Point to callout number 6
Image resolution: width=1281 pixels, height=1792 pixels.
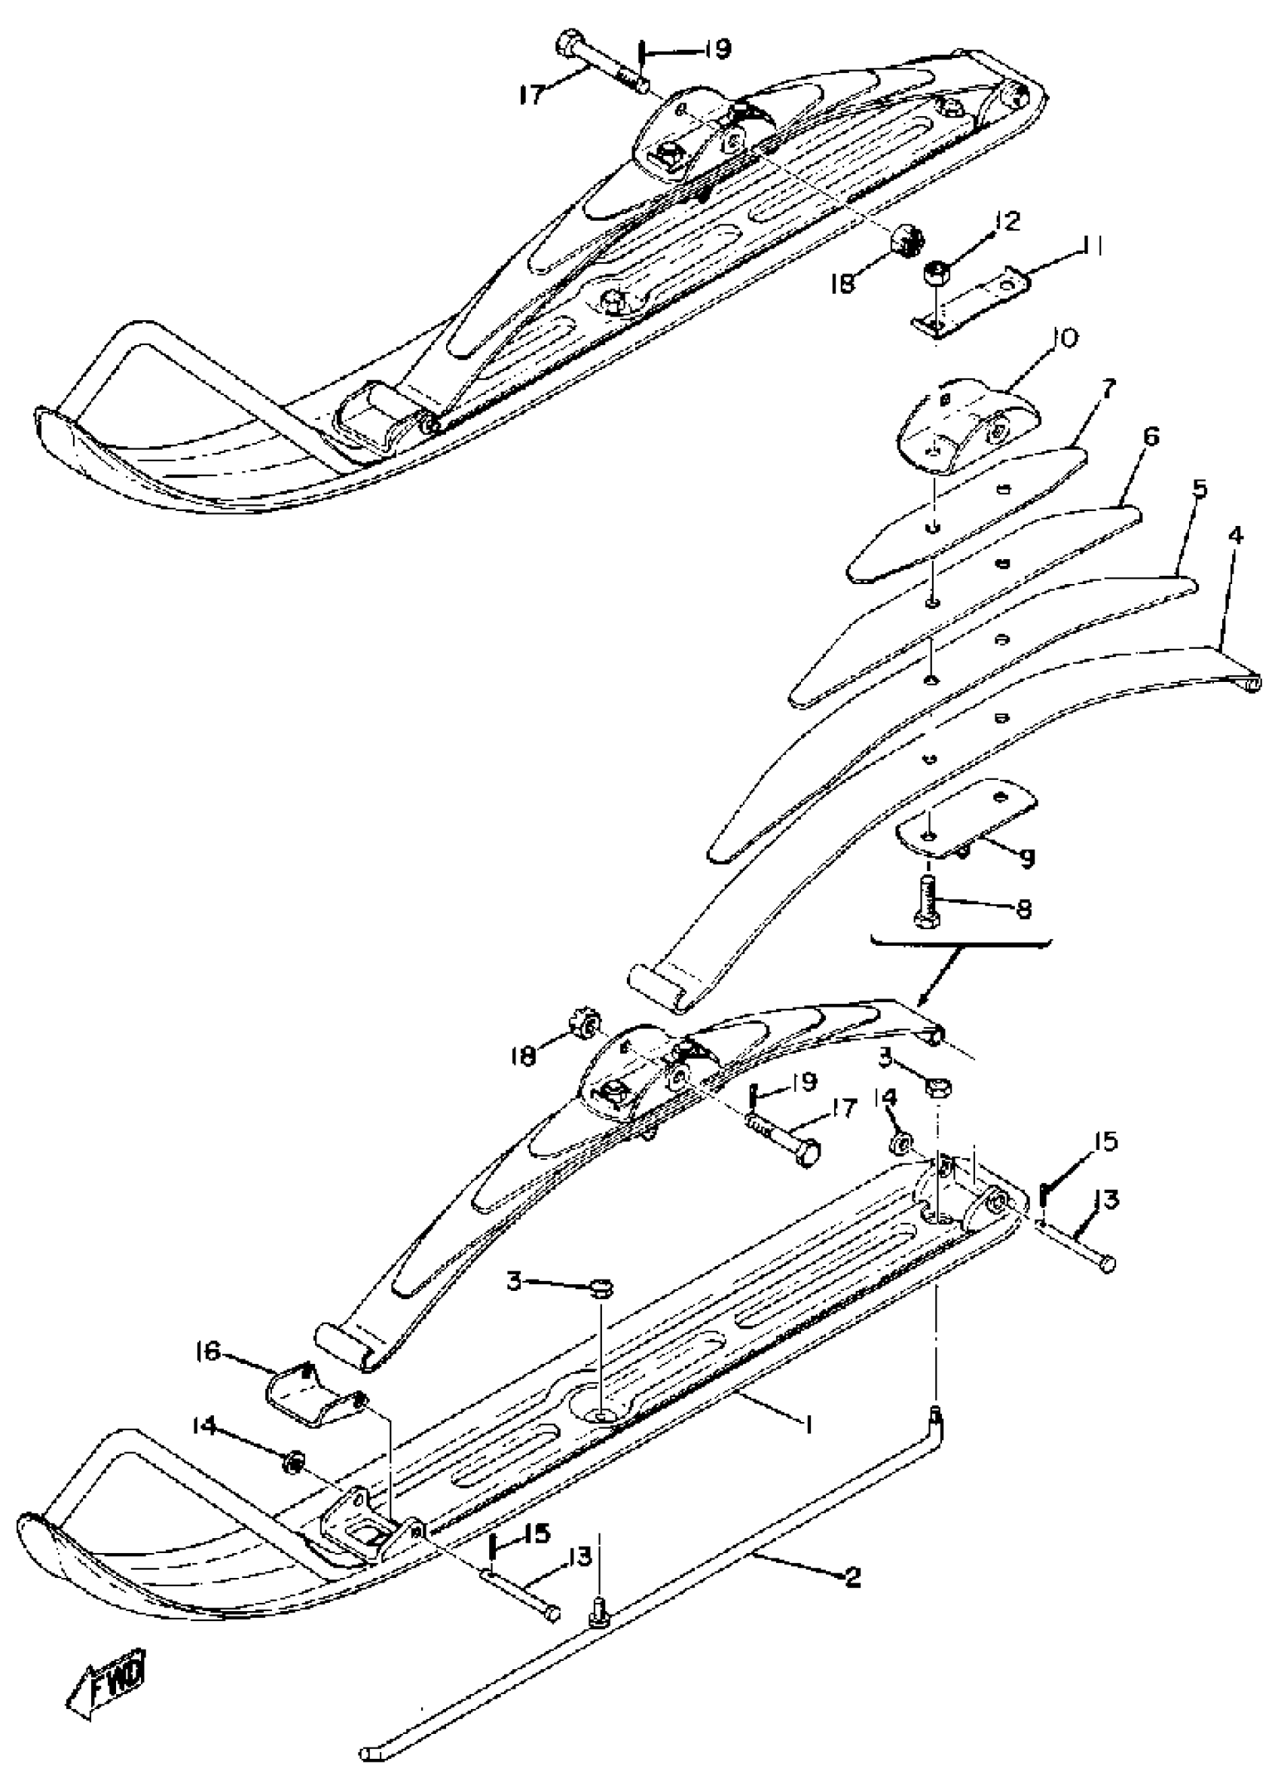(x=1151, y=436)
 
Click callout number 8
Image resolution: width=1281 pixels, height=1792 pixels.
(x=1024, y=909)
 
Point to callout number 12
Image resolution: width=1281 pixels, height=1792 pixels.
(x=1009, y=221)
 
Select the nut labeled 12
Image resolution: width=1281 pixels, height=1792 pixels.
(x=937, y=276)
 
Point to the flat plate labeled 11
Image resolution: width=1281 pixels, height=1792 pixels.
(x=974, y=302)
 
